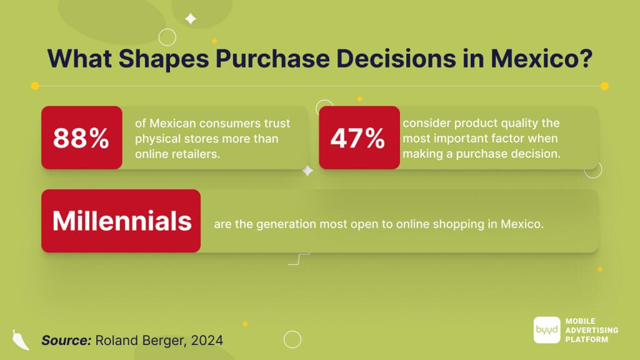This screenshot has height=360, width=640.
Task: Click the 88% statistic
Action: (81, 138)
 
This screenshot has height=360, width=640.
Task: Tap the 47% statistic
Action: (357, 138)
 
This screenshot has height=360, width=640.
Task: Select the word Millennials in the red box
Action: (122, 221)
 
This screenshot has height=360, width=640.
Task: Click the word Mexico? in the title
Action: (541, 58)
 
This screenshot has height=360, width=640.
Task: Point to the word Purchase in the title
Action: (272, 58)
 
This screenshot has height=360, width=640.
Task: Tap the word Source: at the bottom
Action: (66, 341)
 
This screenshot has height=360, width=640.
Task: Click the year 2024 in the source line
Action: (207, 341)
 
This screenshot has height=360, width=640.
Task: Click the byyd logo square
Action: (547, 330)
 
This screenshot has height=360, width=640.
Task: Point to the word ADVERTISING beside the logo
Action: (592, 330)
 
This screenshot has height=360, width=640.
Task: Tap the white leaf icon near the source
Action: (21, 339)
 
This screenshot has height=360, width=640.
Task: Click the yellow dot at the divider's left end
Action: (35, 86)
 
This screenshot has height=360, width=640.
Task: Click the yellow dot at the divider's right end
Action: (604, 86)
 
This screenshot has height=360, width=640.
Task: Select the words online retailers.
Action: (177, 154)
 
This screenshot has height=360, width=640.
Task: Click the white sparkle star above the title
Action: (191, 19)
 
